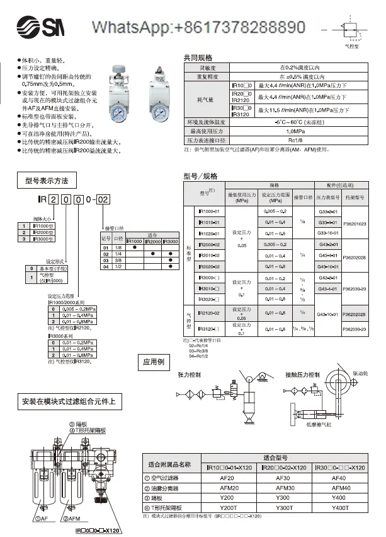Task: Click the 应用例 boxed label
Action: pos(153,362)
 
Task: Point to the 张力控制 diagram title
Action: pos(190,375)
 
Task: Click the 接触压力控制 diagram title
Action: pos(305,375)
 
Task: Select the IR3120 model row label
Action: pos(208,329)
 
